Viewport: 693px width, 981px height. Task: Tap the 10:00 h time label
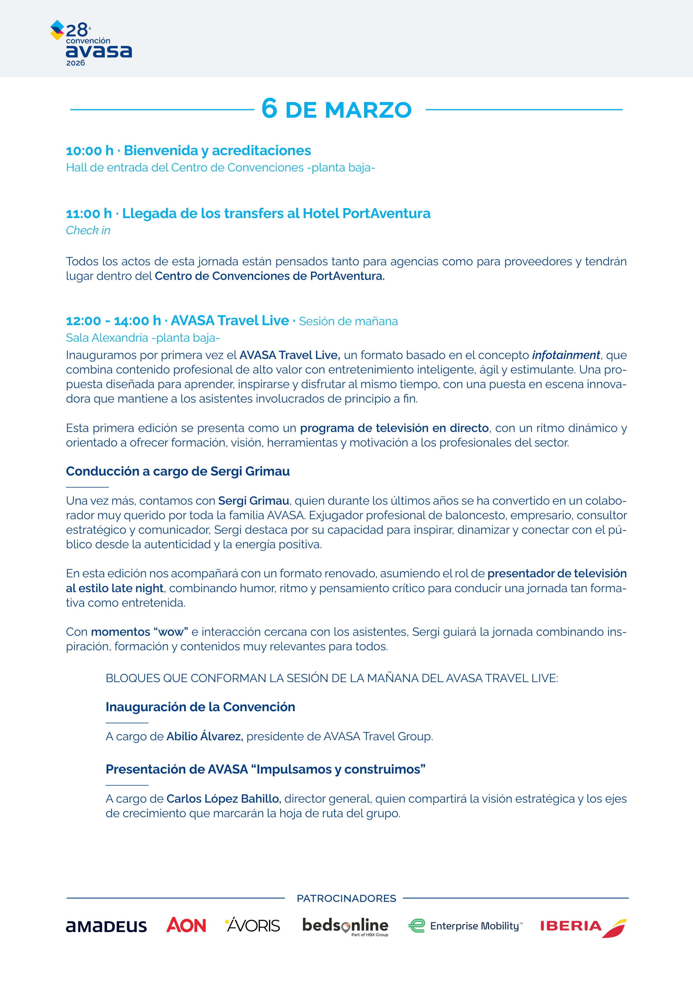90,151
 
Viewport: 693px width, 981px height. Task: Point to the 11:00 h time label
89,214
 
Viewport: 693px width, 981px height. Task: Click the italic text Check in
88,231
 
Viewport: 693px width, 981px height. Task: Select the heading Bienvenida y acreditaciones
217,150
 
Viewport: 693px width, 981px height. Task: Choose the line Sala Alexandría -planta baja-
143,338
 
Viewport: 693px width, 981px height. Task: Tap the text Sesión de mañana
348,321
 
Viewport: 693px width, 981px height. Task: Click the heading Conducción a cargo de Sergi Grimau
178,471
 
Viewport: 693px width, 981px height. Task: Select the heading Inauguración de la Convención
200,707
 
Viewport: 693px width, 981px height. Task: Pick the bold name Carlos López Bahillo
223,799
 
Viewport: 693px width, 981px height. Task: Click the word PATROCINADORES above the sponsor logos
346,899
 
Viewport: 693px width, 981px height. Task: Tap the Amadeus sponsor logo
106,926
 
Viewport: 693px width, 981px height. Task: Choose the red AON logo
186,925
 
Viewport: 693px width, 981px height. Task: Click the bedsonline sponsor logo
345,926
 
